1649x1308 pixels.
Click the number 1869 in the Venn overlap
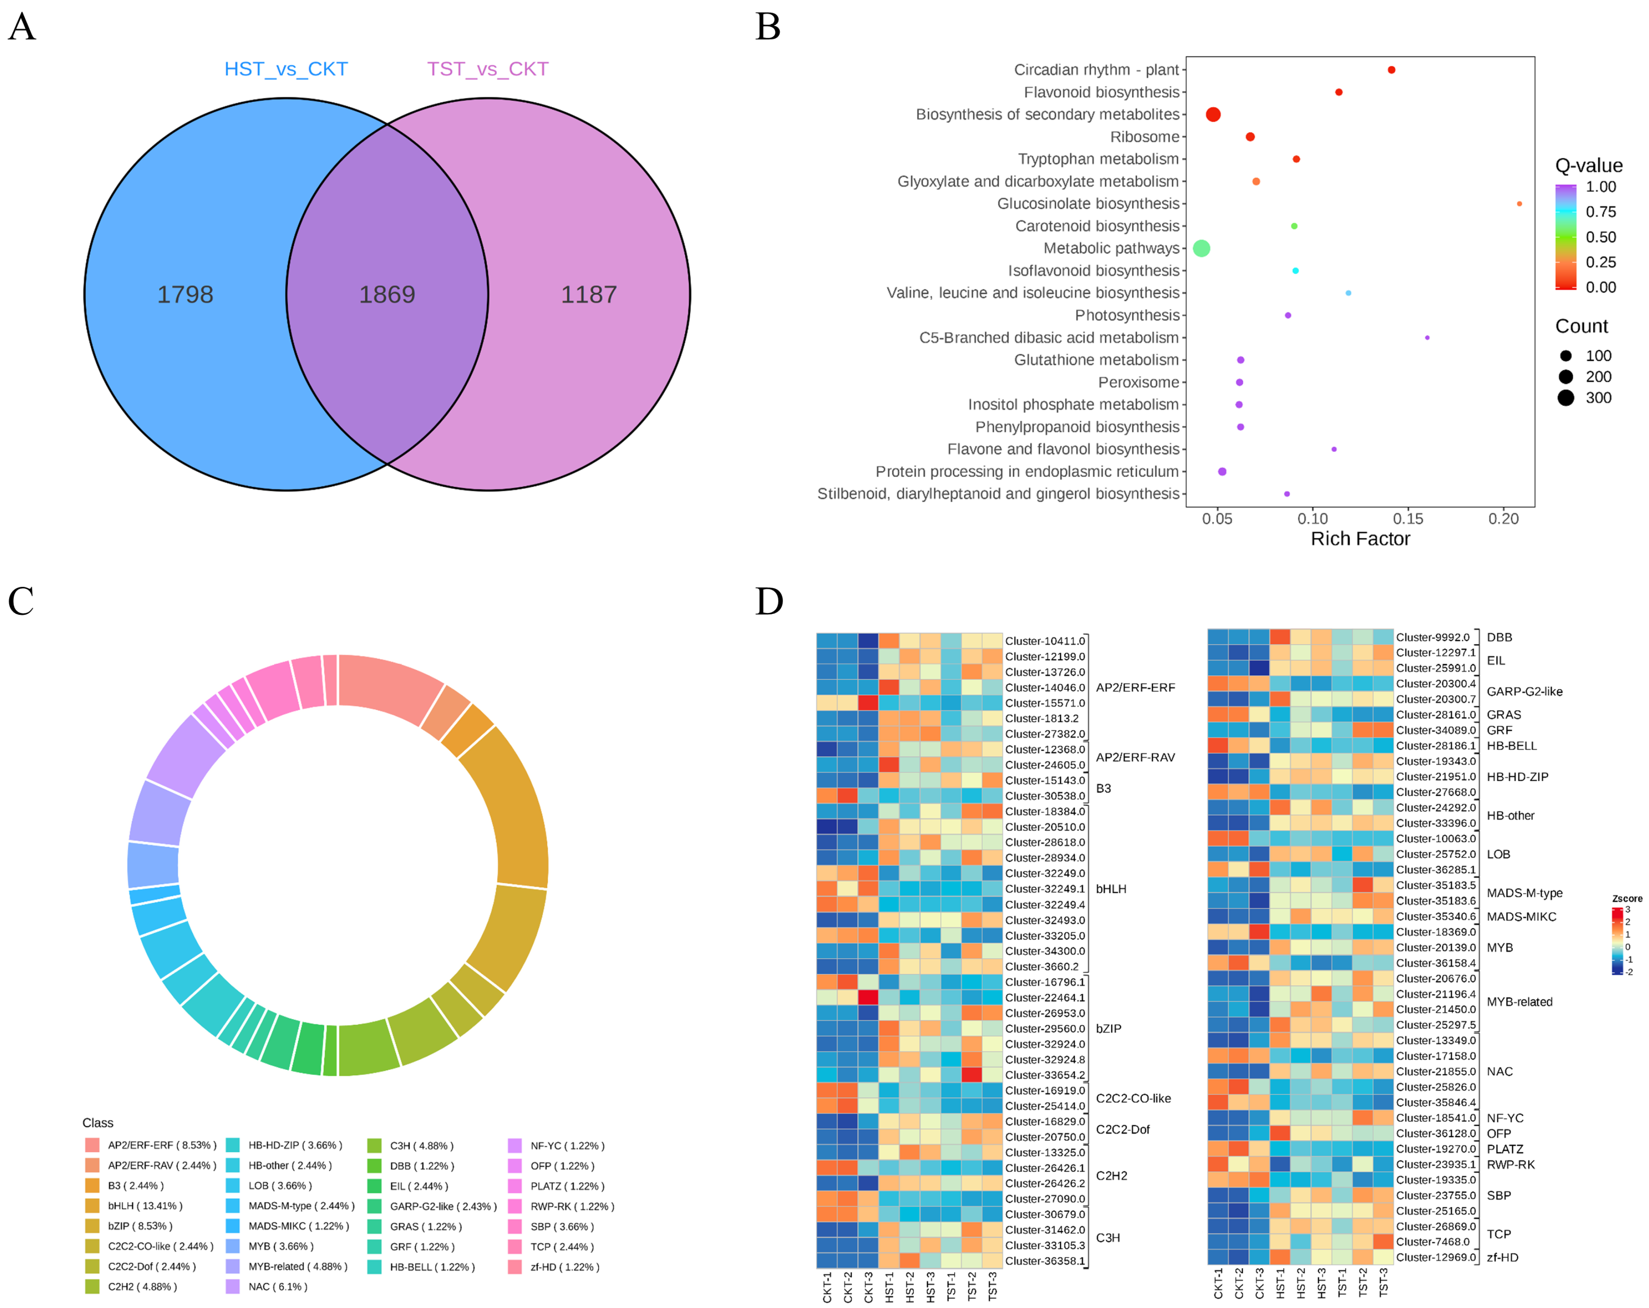387,294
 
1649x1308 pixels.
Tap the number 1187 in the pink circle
588,294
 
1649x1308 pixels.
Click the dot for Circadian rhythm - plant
1391,70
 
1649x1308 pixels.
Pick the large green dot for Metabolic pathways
1202,248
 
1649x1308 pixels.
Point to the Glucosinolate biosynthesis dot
1519,203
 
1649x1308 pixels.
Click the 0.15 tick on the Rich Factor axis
1408,518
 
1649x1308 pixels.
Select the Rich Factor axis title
1360,539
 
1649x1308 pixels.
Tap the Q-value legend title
1589,165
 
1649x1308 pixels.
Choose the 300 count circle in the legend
1566,398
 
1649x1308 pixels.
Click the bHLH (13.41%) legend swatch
92,1206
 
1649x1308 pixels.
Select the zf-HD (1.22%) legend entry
565,1267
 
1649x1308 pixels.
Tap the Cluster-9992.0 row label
1433,637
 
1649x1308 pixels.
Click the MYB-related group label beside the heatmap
1519,1001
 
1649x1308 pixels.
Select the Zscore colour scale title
1627,898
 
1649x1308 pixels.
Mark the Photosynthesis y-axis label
1127,315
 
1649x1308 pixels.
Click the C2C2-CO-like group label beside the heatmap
1133,1098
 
